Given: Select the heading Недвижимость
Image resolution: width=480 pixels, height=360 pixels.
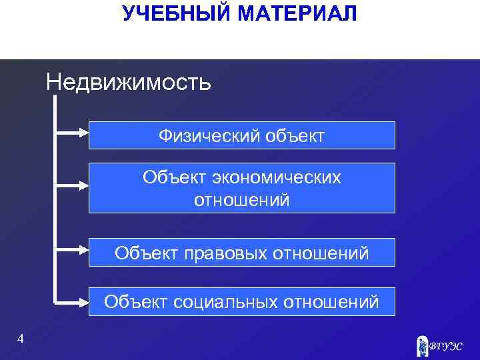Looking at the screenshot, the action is (x=129, y=83).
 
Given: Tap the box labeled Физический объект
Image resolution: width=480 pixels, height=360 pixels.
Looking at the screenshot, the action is (x=242, y=135).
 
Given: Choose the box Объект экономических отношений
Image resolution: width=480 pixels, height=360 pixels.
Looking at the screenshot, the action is (x=242, y=188).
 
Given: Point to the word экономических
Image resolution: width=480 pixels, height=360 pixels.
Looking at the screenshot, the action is (x=277, y=177).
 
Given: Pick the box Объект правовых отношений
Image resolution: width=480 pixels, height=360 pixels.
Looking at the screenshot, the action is (x=242, y=253).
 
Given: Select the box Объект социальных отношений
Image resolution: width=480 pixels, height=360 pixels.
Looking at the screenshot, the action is (x=242, y=302).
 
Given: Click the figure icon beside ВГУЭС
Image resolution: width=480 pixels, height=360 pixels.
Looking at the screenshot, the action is (x=423, y=345).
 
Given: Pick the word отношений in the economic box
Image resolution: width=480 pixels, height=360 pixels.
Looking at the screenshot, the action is (x=242, y=199).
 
